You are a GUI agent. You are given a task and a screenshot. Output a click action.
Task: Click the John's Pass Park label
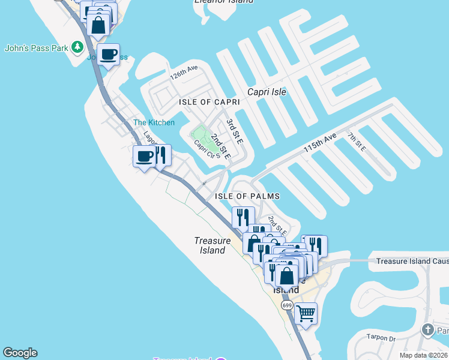click(x=36, y=47)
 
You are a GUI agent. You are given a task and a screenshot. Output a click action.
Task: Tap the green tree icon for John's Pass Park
click(x=77, y=47)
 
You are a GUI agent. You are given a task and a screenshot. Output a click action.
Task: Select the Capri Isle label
click(x=267, y=92)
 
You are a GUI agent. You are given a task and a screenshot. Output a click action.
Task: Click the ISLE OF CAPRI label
click(x=209, y=103)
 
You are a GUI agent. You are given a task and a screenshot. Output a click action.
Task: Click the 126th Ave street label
click(x=183, y=73)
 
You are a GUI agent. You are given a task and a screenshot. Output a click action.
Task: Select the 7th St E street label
click(x=357, y=143)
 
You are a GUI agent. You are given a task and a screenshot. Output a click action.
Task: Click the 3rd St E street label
click(x=234, y=131)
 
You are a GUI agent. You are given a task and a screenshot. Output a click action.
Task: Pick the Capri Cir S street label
click(x=204, y=149)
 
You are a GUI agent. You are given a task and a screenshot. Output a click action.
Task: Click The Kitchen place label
click(x=154, y=122)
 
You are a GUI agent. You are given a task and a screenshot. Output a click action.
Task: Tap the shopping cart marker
click(x=306, y=313)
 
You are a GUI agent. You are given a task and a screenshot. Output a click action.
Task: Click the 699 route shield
click(x=287, y=305)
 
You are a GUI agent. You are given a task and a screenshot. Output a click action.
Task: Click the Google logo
click(x=20, y=353)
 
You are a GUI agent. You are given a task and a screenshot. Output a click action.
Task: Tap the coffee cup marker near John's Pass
click(x=108, y=55)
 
